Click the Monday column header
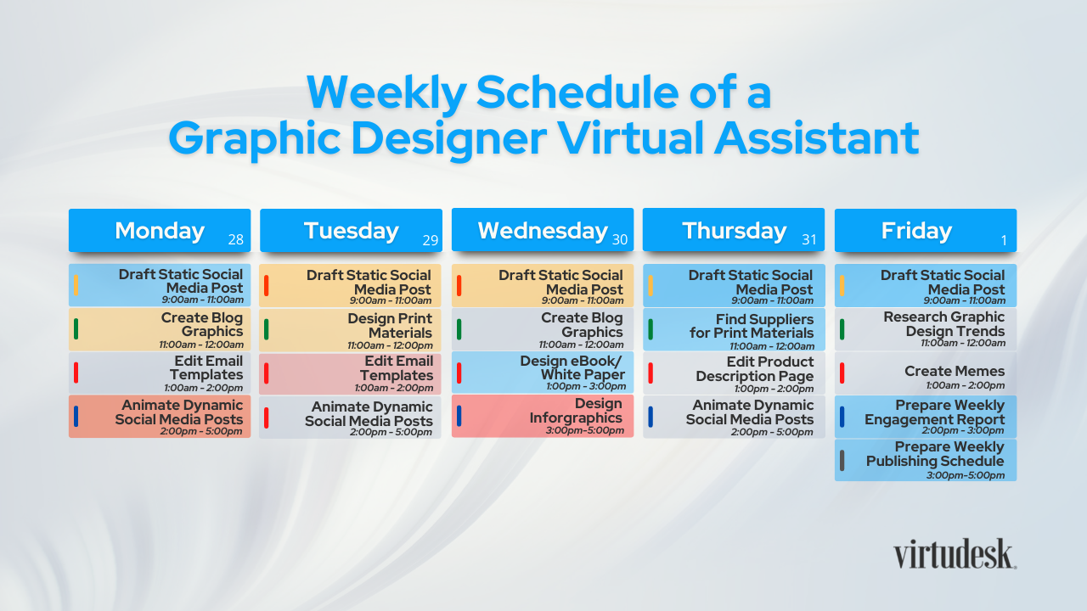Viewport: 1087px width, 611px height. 160,230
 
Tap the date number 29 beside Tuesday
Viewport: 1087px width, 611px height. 430,240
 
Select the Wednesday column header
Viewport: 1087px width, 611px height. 543,230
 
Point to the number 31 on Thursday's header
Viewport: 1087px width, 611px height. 809,239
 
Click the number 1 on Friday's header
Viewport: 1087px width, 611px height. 1004,240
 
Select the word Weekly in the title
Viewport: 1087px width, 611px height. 386,92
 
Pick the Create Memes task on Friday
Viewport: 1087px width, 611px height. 926,373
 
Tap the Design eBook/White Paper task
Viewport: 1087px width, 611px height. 543,373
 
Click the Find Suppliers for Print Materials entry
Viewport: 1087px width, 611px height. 734,330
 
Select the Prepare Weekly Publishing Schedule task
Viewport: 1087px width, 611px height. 926,460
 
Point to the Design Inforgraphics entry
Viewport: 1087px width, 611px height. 543,416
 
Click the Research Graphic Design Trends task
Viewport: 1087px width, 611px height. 926,329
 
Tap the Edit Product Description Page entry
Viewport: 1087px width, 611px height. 734,373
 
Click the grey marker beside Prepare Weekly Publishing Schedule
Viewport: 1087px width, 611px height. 842,460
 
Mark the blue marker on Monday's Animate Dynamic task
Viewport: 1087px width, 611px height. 76,417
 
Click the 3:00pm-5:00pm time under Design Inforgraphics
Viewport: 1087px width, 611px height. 585,430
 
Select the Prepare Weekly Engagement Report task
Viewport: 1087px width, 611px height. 926,417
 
